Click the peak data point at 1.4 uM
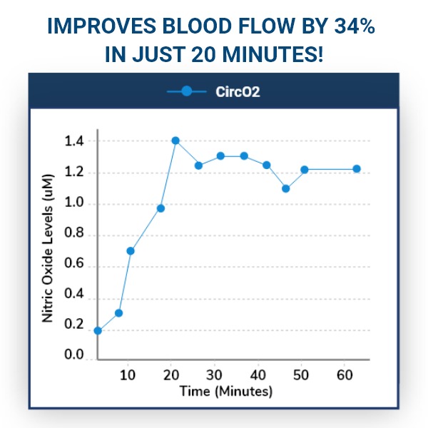coord(175,141)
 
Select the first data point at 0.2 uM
coord(98,330)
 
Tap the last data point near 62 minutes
coord(357,169)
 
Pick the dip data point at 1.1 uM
coord(286,188)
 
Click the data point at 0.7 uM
coord(131,250)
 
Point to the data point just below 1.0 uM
coord(160,208)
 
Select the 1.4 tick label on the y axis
coord(73,141)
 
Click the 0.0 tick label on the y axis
coord(73,355)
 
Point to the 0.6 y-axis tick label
coord(73,266)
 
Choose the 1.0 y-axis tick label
coord(73,204)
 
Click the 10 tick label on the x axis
coord(128,374)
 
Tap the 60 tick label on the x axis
coord(345,374)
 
